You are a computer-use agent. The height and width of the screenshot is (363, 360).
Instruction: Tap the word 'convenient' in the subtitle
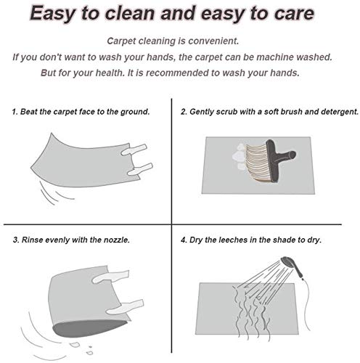click(x=213, y=41)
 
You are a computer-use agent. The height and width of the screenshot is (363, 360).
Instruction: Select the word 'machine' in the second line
click(x=275, y=57)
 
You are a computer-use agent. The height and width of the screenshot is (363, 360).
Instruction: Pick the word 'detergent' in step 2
click(x=340, y=112)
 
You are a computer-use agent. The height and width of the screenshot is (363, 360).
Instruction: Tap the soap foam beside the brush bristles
click(x=238, y=156)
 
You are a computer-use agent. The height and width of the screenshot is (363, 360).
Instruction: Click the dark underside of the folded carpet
click(x=89, y=328)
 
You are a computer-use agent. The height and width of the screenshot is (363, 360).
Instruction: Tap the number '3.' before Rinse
click(x=16, y=240)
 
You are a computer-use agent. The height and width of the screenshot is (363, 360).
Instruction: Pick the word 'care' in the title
click(x=294, y=13)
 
